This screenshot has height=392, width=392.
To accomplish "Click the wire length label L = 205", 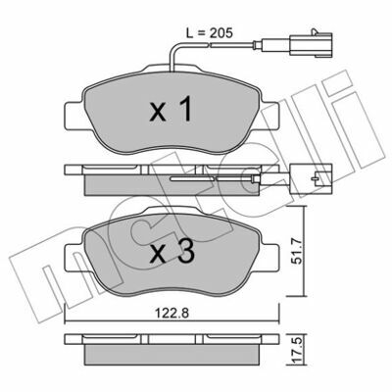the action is click(209, 33).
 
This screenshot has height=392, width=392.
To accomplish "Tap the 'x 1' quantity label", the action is click(171, 111).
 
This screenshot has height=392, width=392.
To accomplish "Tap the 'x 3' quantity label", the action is click(172, 252).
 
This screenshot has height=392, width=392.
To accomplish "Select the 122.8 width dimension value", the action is click(171, 314).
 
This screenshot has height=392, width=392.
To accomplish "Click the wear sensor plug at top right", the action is click(311, 44).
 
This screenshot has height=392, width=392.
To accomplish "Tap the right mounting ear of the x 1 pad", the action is click(269, 116).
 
